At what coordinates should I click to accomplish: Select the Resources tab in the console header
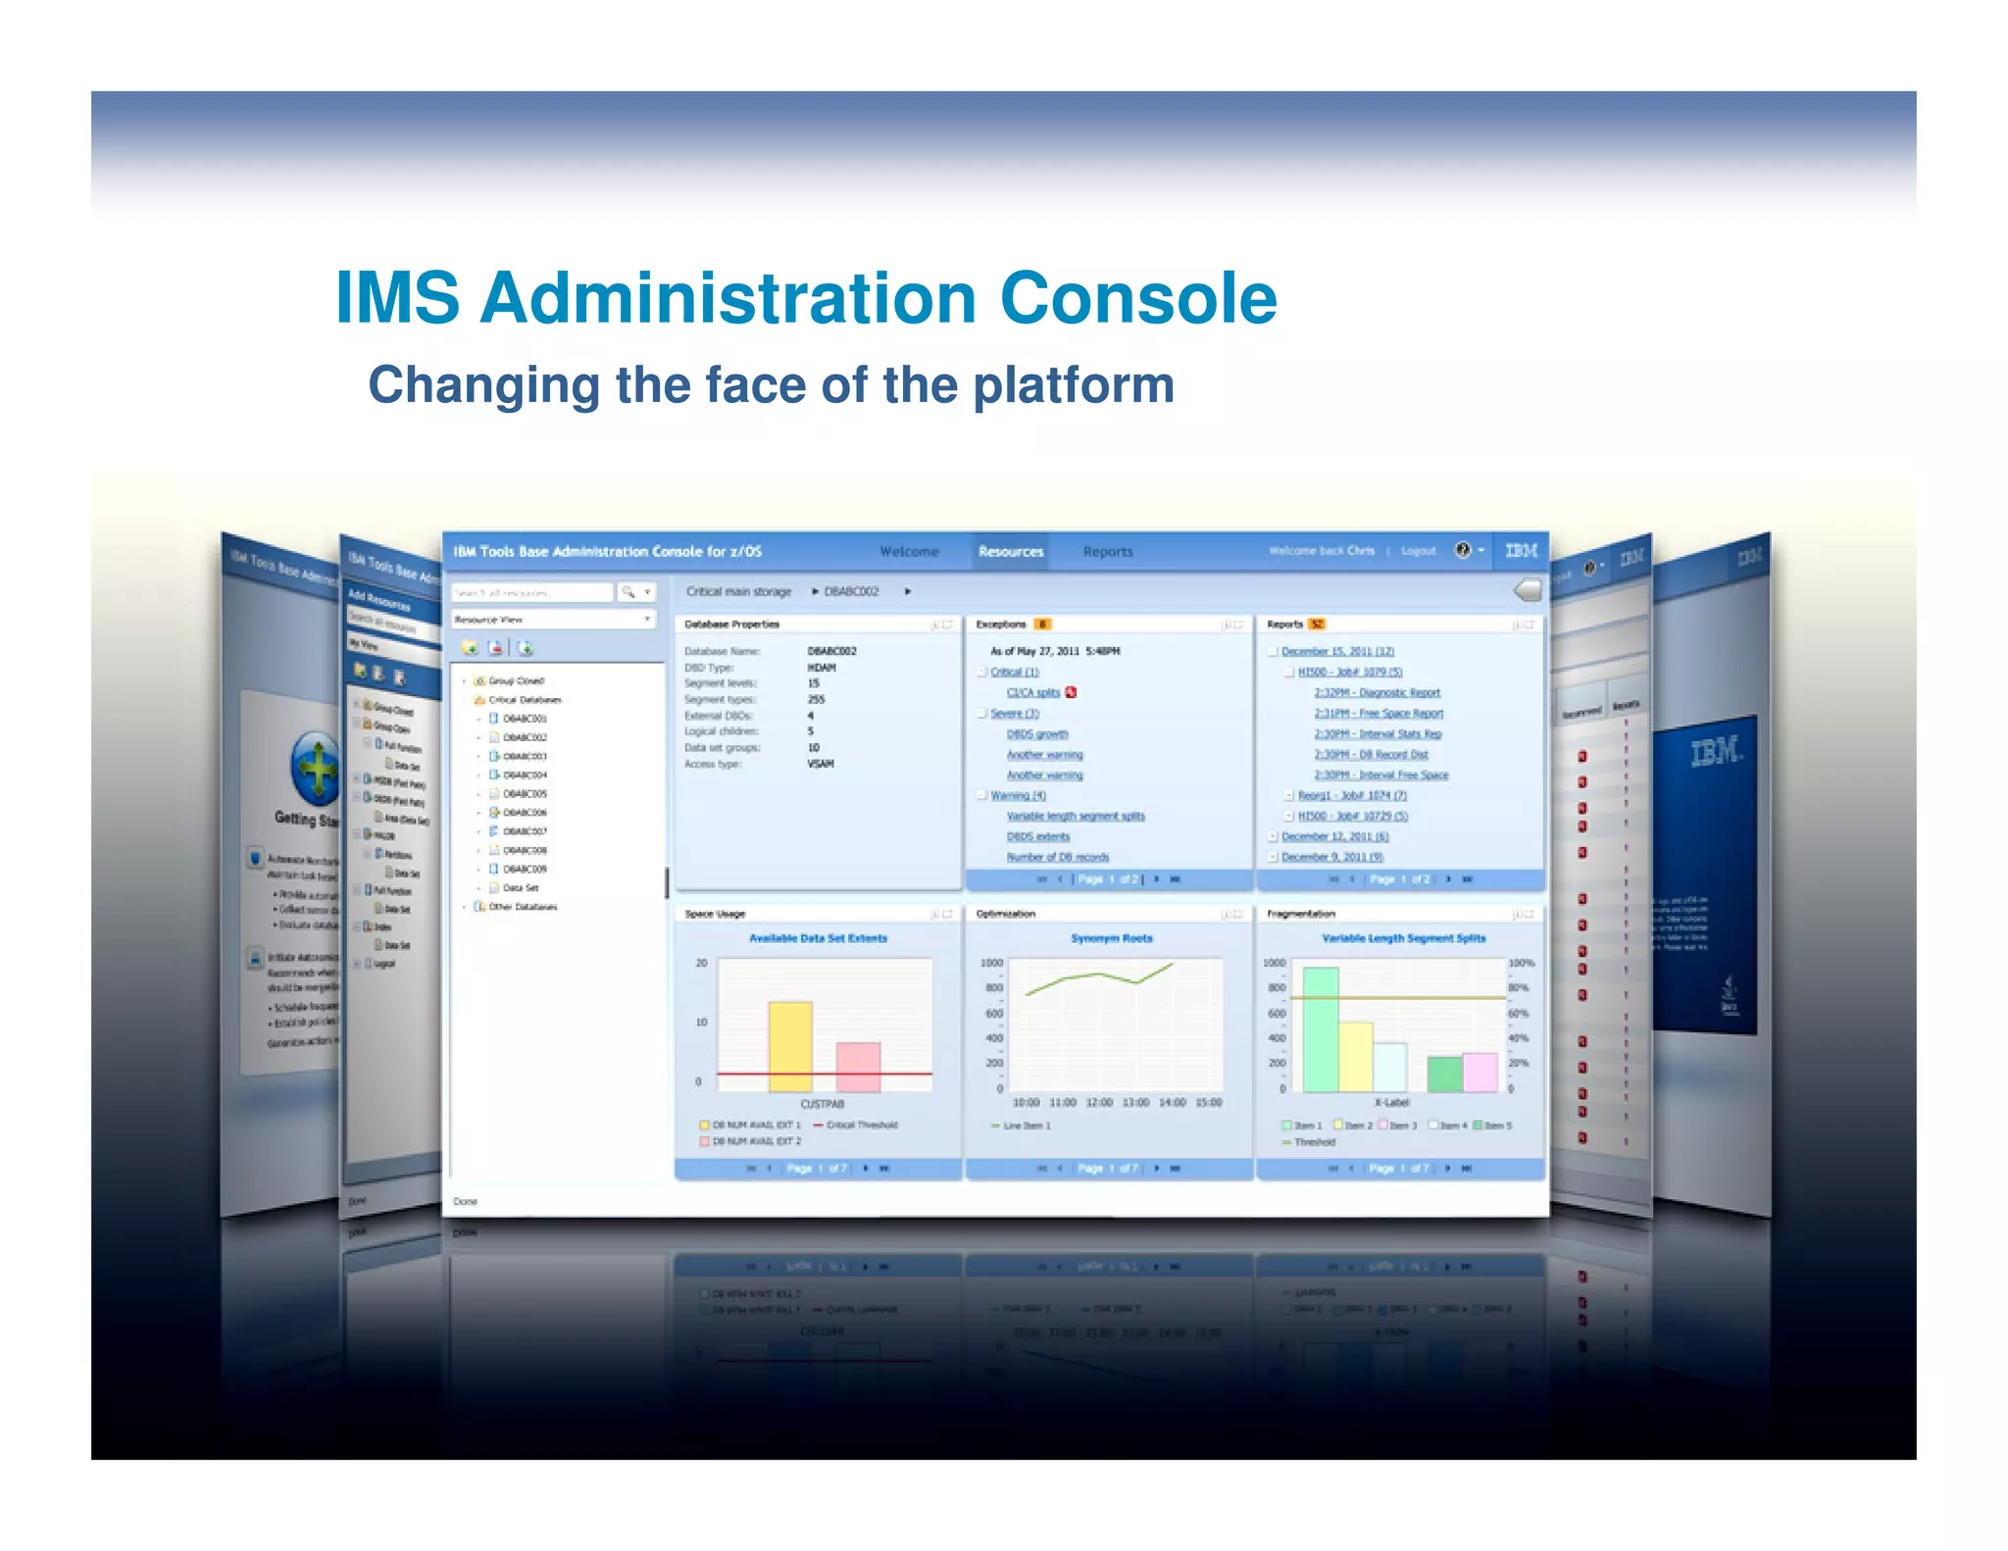tap(1011, 552)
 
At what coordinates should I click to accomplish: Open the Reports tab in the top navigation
tap(1108, 552)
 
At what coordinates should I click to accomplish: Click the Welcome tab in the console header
tap(909, 552)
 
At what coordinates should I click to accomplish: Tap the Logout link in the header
tap(1419, 551)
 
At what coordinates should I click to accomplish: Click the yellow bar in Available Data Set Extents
tap(790, 1046)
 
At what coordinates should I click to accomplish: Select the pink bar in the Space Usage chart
tap(858, 1067)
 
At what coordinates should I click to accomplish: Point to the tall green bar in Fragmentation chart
tap(1321, 1029)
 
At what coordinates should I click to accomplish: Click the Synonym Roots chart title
tap(1112, 938)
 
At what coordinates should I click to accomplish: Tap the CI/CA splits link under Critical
tap(1033, 693)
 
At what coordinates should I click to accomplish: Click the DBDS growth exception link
tap(1037, 734)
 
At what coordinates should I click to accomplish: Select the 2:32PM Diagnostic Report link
tap(1377, 693)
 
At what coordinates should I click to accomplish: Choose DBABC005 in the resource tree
tap(525, 794)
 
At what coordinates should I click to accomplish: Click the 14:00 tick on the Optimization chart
tap(1173, 1103)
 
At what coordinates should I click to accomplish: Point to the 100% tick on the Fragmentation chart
tap(1521, 964)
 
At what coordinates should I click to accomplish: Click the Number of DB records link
tap(1058, 857)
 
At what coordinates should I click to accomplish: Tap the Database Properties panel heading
tap(732, 625)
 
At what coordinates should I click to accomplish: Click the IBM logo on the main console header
tap(1521, 551)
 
